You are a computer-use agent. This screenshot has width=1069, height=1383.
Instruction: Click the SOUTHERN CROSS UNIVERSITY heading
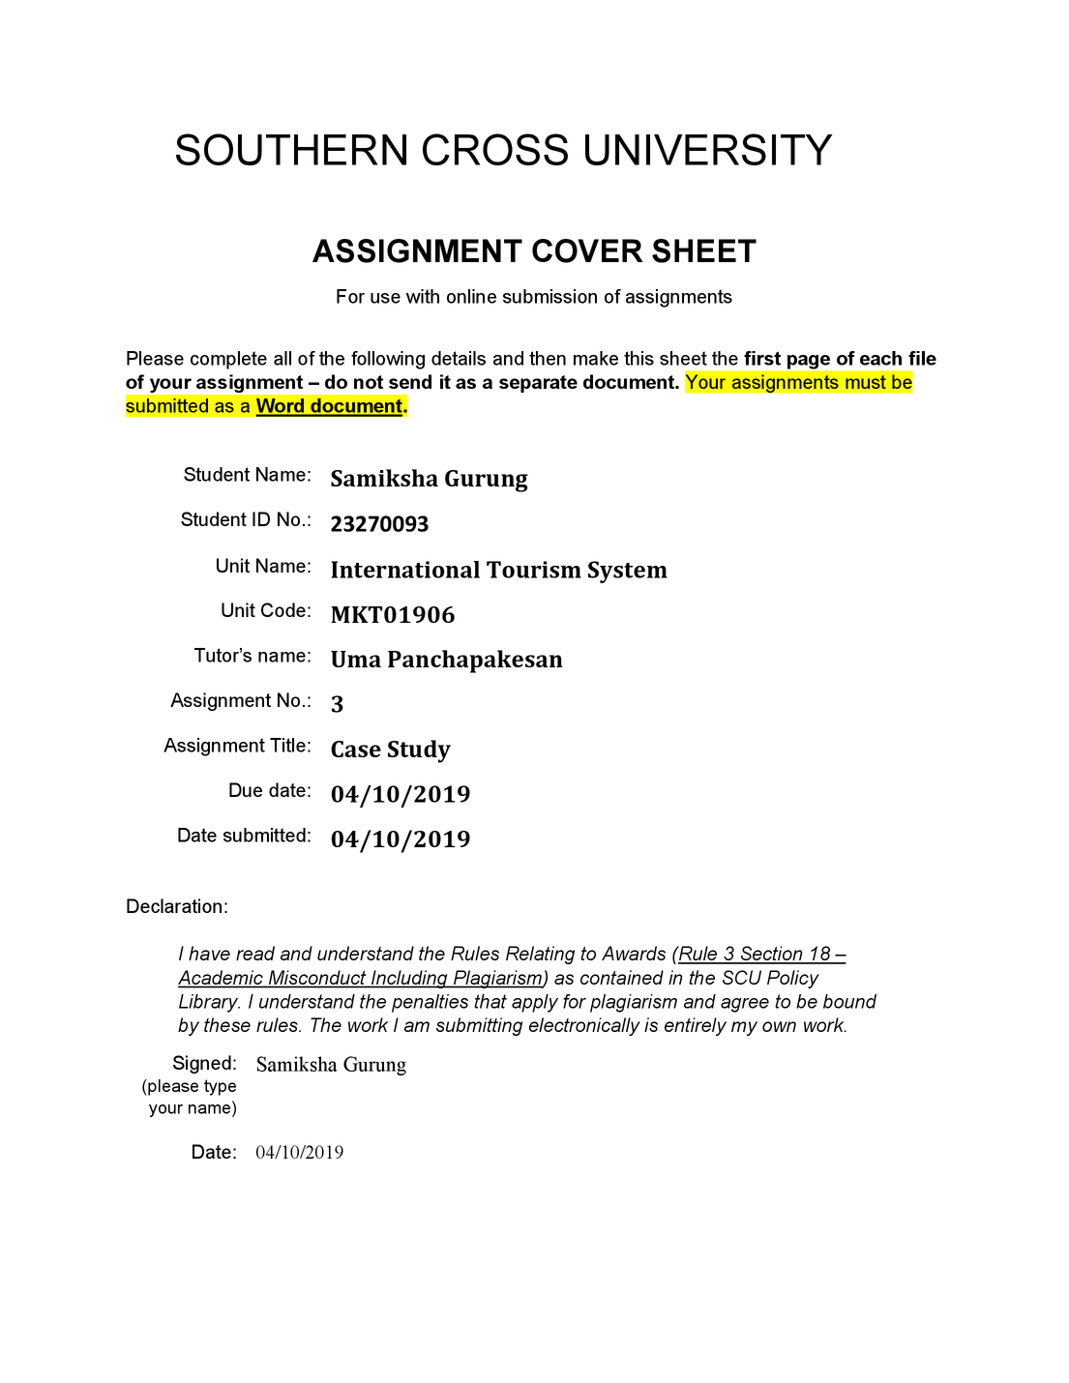tap(503, 151)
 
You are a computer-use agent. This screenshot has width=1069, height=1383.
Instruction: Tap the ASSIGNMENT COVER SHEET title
tap(534, 251)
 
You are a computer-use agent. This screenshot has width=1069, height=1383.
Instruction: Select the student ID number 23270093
tap(379, 524)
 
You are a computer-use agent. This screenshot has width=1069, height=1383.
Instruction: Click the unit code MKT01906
tap(392, 615)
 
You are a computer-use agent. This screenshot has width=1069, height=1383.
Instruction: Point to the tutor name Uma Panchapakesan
tap(446, 660)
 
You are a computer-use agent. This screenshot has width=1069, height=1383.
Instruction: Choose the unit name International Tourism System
tap(498, 570)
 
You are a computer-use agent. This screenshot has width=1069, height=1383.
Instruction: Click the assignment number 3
tap(337, 704)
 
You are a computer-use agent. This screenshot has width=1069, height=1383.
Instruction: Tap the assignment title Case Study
tap(390, 750)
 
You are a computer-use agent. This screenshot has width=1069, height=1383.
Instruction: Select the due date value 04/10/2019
tap(400, 794)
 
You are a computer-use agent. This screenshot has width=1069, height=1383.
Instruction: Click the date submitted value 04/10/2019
tap(400, 839)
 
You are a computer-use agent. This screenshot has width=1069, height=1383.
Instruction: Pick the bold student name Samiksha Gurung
tap(429, 479)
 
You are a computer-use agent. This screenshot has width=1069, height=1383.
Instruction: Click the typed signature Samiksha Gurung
tap(331, 1065)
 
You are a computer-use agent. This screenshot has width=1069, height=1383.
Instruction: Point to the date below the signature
tap(299, 1152)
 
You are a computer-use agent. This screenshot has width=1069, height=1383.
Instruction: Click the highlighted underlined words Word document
tap(329, 406)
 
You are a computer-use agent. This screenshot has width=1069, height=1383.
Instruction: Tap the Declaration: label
tap(177, 906)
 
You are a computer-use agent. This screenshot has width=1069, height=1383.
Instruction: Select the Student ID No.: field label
tap(246, 520)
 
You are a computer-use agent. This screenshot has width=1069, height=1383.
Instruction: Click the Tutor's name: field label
tap(252, 656)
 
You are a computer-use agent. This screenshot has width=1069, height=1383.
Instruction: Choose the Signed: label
tap(204, 1063)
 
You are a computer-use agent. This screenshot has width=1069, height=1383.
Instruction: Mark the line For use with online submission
tap(534, 297)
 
